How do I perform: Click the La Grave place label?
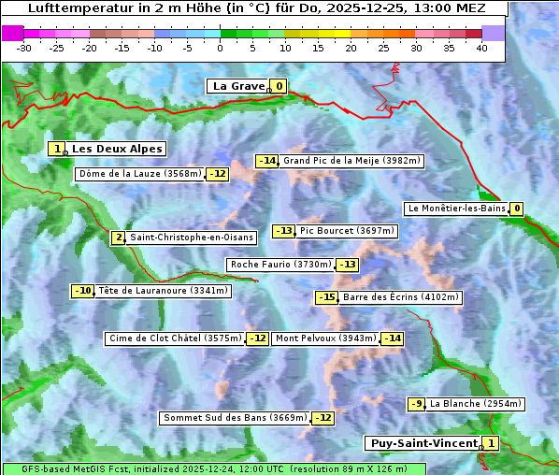238,86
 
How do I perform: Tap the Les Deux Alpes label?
117,149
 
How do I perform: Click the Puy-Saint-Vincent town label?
423,442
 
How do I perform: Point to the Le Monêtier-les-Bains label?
455,209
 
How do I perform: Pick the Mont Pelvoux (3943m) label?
325,338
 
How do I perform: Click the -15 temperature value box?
326,297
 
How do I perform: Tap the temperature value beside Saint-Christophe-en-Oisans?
118,237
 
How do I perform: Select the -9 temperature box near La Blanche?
416,404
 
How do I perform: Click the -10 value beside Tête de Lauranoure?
83,291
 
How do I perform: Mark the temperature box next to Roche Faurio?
347,265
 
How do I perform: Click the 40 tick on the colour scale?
481,48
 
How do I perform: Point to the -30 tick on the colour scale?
24,48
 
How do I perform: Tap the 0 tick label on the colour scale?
220,48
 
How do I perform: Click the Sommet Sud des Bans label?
235,418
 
